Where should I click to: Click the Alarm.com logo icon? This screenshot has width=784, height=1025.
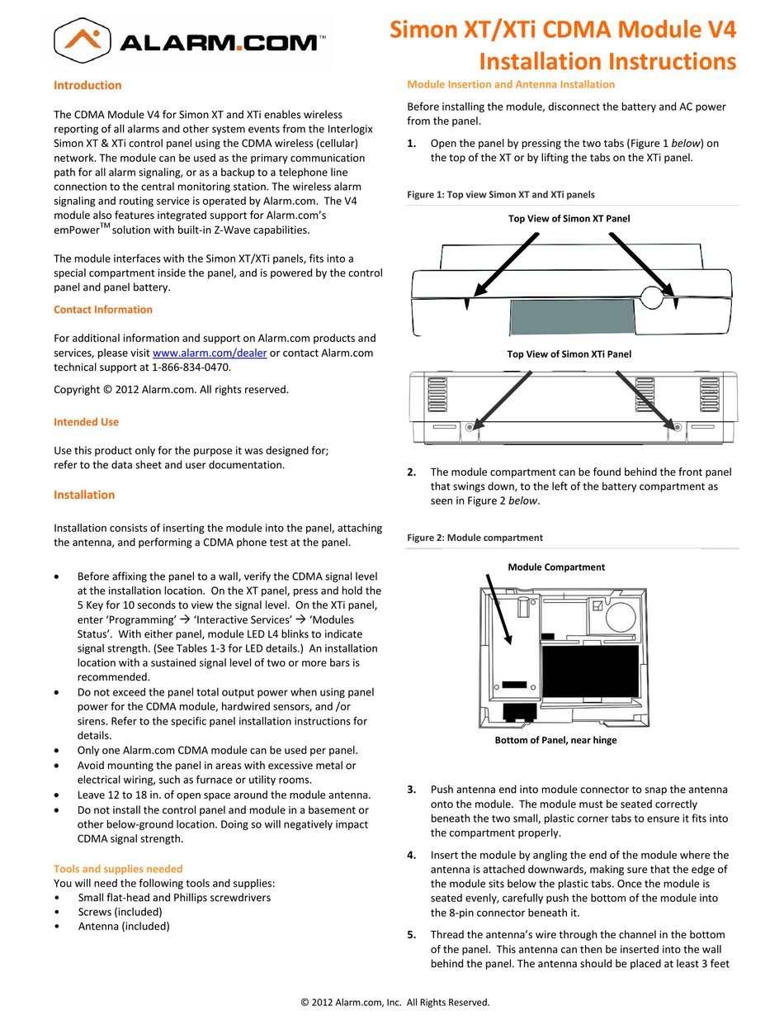(86, 39)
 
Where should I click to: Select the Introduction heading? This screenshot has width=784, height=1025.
(87, 85)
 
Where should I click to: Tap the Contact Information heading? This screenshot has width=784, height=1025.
(103, 310)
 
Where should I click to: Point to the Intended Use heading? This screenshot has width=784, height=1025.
(86, 422)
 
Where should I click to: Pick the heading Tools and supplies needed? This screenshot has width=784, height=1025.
(118, 869)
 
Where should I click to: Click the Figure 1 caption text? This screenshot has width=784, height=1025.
(500, 195)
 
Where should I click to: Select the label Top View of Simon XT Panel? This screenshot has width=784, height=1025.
(569, 219)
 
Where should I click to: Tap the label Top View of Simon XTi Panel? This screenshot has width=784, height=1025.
(569, 354)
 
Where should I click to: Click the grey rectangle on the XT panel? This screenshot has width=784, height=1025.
(572, 315)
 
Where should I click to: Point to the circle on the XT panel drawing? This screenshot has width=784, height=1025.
(652, 297)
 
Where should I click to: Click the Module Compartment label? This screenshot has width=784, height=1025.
(556, 567)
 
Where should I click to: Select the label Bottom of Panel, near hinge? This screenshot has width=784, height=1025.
(555, 740)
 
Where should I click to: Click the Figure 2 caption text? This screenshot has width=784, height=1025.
(475, 538)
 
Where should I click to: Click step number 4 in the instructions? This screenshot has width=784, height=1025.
(412, 856)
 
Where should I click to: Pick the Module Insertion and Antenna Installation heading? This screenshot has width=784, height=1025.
(511, 84)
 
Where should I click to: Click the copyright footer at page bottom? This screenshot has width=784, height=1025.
(395, 1003)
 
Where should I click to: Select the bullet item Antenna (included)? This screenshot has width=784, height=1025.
(124, 926)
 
